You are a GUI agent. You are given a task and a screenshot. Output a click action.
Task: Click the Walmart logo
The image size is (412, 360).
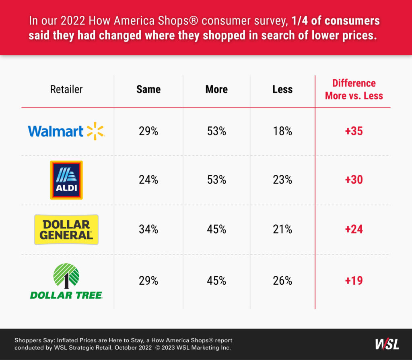coord(66,131)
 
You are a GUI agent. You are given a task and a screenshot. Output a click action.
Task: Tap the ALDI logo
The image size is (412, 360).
coord(66,180)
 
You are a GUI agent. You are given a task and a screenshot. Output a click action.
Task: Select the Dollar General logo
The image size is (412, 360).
coord(66,230)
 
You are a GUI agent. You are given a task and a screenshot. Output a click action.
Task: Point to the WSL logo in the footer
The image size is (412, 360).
coord(387,344)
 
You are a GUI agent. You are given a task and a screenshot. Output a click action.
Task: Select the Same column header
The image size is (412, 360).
coord(148,89)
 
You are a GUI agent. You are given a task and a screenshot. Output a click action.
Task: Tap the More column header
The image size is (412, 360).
coord(216,89)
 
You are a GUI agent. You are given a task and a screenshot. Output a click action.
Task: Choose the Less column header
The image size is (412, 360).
coord(282,89)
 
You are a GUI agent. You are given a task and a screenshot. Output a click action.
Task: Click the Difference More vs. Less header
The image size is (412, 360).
coord(354,89)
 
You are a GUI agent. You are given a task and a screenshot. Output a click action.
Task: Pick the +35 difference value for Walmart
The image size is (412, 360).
coord(354,131)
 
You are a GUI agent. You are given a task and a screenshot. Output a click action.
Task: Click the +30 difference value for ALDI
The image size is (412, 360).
coord(354,180)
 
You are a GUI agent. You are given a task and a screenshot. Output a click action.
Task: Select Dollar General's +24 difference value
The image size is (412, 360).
coord(354,230)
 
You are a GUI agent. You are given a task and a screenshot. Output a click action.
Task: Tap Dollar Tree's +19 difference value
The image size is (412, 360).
coord(354,280)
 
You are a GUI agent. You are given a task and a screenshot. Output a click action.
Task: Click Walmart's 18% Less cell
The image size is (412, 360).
coord(282,131)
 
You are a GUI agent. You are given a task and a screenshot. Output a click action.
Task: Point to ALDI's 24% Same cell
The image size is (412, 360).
coord(148,180)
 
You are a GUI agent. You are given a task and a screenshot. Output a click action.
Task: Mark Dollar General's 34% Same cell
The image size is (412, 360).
coord(148,230)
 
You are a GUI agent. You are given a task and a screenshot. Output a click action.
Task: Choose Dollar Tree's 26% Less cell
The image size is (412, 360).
coord(282,280)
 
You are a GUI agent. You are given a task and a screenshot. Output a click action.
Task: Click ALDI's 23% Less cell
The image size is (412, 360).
coord(282,180)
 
